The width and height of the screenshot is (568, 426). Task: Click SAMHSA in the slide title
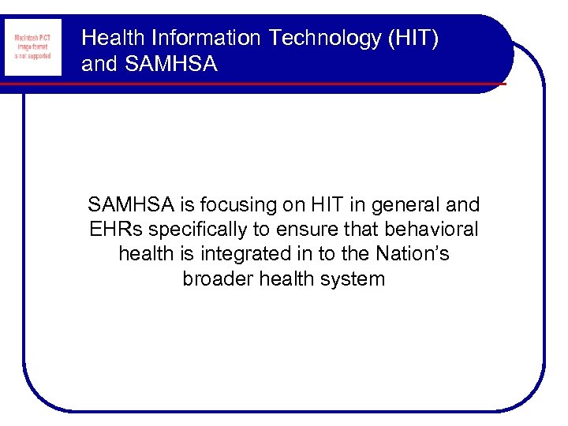click(x=170, y=64)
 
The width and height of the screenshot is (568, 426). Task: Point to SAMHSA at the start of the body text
click(x=132, y=206)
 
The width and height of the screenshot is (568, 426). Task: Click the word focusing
click(x=235, y=206)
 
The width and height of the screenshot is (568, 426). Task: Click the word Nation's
click(x=416, y=254)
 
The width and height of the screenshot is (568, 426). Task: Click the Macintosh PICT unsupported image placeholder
click(x=32, y=47)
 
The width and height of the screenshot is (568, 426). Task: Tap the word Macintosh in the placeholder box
click(x=26, y=38)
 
